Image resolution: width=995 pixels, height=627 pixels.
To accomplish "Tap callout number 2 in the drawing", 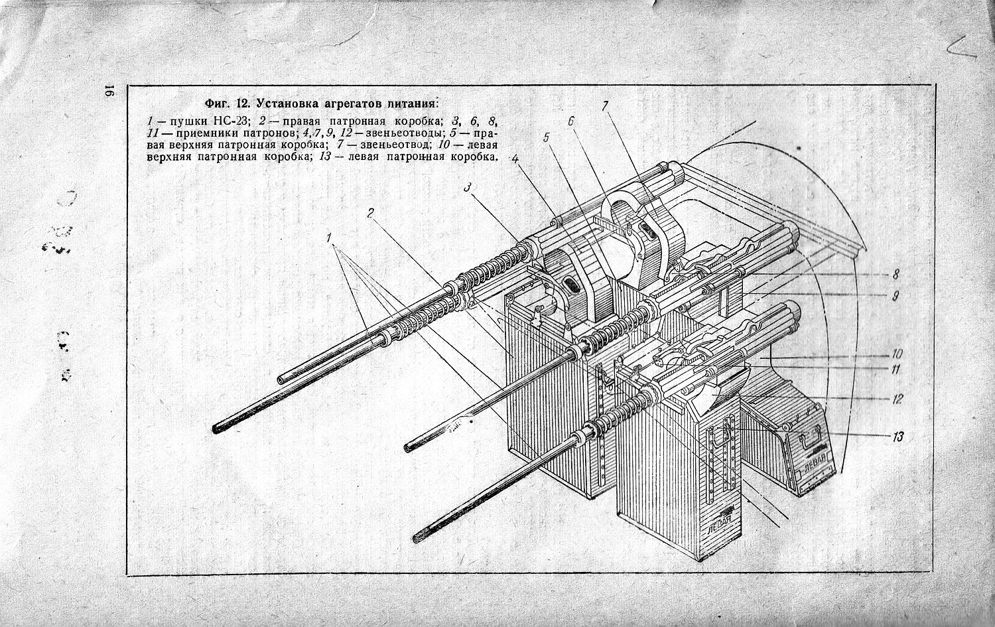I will pyautogui.click(x=371, y=213).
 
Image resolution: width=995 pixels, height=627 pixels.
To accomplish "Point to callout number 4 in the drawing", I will pyautogui.click(x=513, y=159).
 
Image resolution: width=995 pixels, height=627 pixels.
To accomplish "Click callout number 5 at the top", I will pyautogui.click(x=546, y=138).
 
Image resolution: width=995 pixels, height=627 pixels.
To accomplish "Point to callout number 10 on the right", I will pyautogui.click(x=897, y=354).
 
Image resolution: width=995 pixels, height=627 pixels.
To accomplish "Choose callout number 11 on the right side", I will pyautogui.click(x=895, y=370).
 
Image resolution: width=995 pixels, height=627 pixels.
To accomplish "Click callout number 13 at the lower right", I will pyautogui.click(x=898, y=437).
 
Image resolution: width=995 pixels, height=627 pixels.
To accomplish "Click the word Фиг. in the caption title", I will pyautogui.click(x=218, y=104).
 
